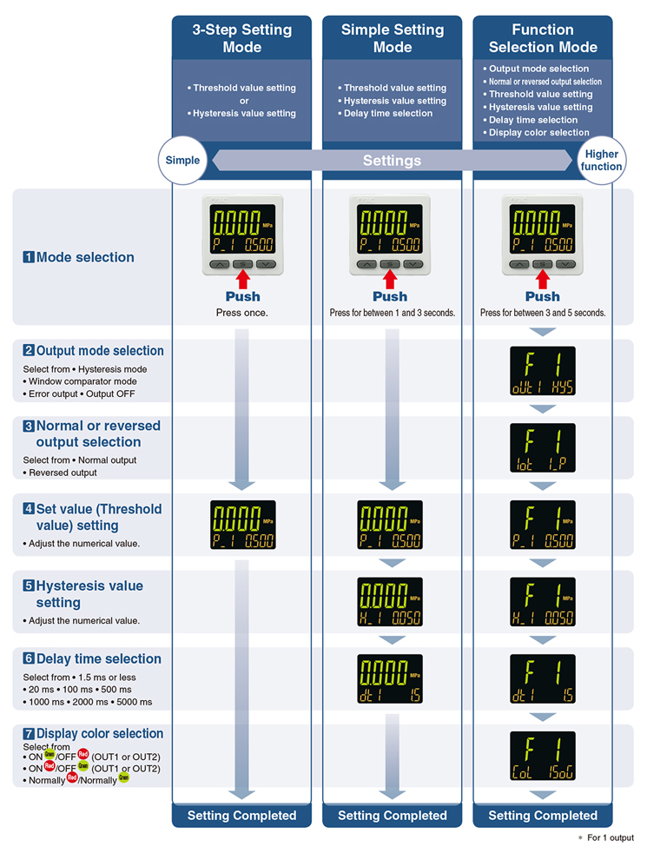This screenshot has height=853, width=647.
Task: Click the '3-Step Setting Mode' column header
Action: click(x=241, y=38)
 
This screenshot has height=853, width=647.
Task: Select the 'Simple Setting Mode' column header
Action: click(x=392, y=38)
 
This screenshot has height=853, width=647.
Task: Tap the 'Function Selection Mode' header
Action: click(x=543, y=38)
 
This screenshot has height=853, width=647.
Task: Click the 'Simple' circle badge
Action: click(x=182, y=160)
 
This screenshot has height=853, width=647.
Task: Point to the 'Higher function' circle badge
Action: click(x=602, y=160)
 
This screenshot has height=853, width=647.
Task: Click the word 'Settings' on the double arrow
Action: click(x=392, y=161)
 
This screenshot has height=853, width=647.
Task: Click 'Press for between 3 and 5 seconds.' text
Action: click(x=543, y=313)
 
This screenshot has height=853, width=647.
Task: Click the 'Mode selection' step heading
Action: click(x=85, y=257)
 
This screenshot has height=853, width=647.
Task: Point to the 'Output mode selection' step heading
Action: click(x=100, y=351)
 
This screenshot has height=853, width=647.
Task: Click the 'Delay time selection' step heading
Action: click(x=98, y=659)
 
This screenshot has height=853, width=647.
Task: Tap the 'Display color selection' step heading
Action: click(x=100, y=733)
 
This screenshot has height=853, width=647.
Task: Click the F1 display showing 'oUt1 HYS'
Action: click(x=543, y=371)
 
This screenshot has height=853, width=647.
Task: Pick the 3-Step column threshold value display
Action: click(x=243, y=525)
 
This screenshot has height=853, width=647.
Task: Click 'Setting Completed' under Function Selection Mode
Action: click(x=543, y=816)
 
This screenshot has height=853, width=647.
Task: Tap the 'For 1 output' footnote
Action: click(x=610, y=838)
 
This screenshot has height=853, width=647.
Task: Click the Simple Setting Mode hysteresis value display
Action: click(x=391, y=602)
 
